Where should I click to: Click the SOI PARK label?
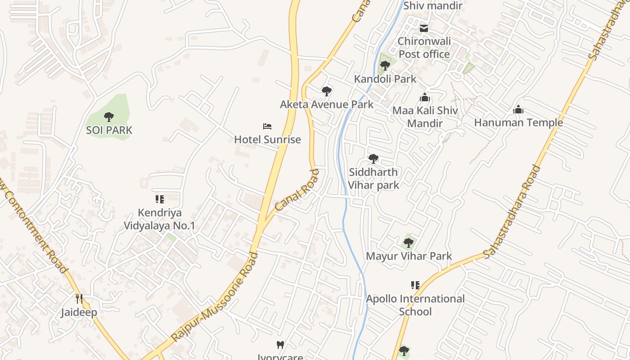tap(109, 130)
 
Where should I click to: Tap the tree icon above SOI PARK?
tap(109, 117)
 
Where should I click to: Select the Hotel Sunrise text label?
tap(267, 139)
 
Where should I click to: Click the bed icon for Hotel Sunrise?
tap(267, 126)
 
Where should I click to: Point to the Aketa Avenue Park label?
tap(326, 104)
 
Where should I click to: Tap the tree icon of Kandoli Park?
tap(385, 66)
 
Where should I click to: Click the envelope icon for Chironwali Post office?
tap(424, 28)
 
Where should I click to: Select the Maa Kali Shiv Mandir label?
tap(425, 117)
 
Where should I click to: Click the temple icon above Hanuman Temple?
tap(518, 109)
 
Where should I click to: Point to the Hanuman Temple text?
tap(518, 122)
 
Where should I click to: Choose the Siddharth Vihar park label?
tap(373, 178)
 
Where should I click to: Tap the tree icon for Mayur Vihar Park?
tap(408, 243)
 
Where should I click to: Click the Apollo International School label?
tap(415, 305)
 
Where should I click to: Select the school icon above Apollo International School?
tap(415, 285)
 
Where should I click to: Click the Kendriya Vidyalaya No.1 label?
tap(160, 219)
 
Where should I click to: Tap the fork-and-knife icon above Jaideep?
tap(79, 299)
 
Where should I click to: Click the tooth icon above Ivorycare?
tap(280, 345)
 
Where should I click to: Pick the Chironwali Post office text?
tap(424, 48)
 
